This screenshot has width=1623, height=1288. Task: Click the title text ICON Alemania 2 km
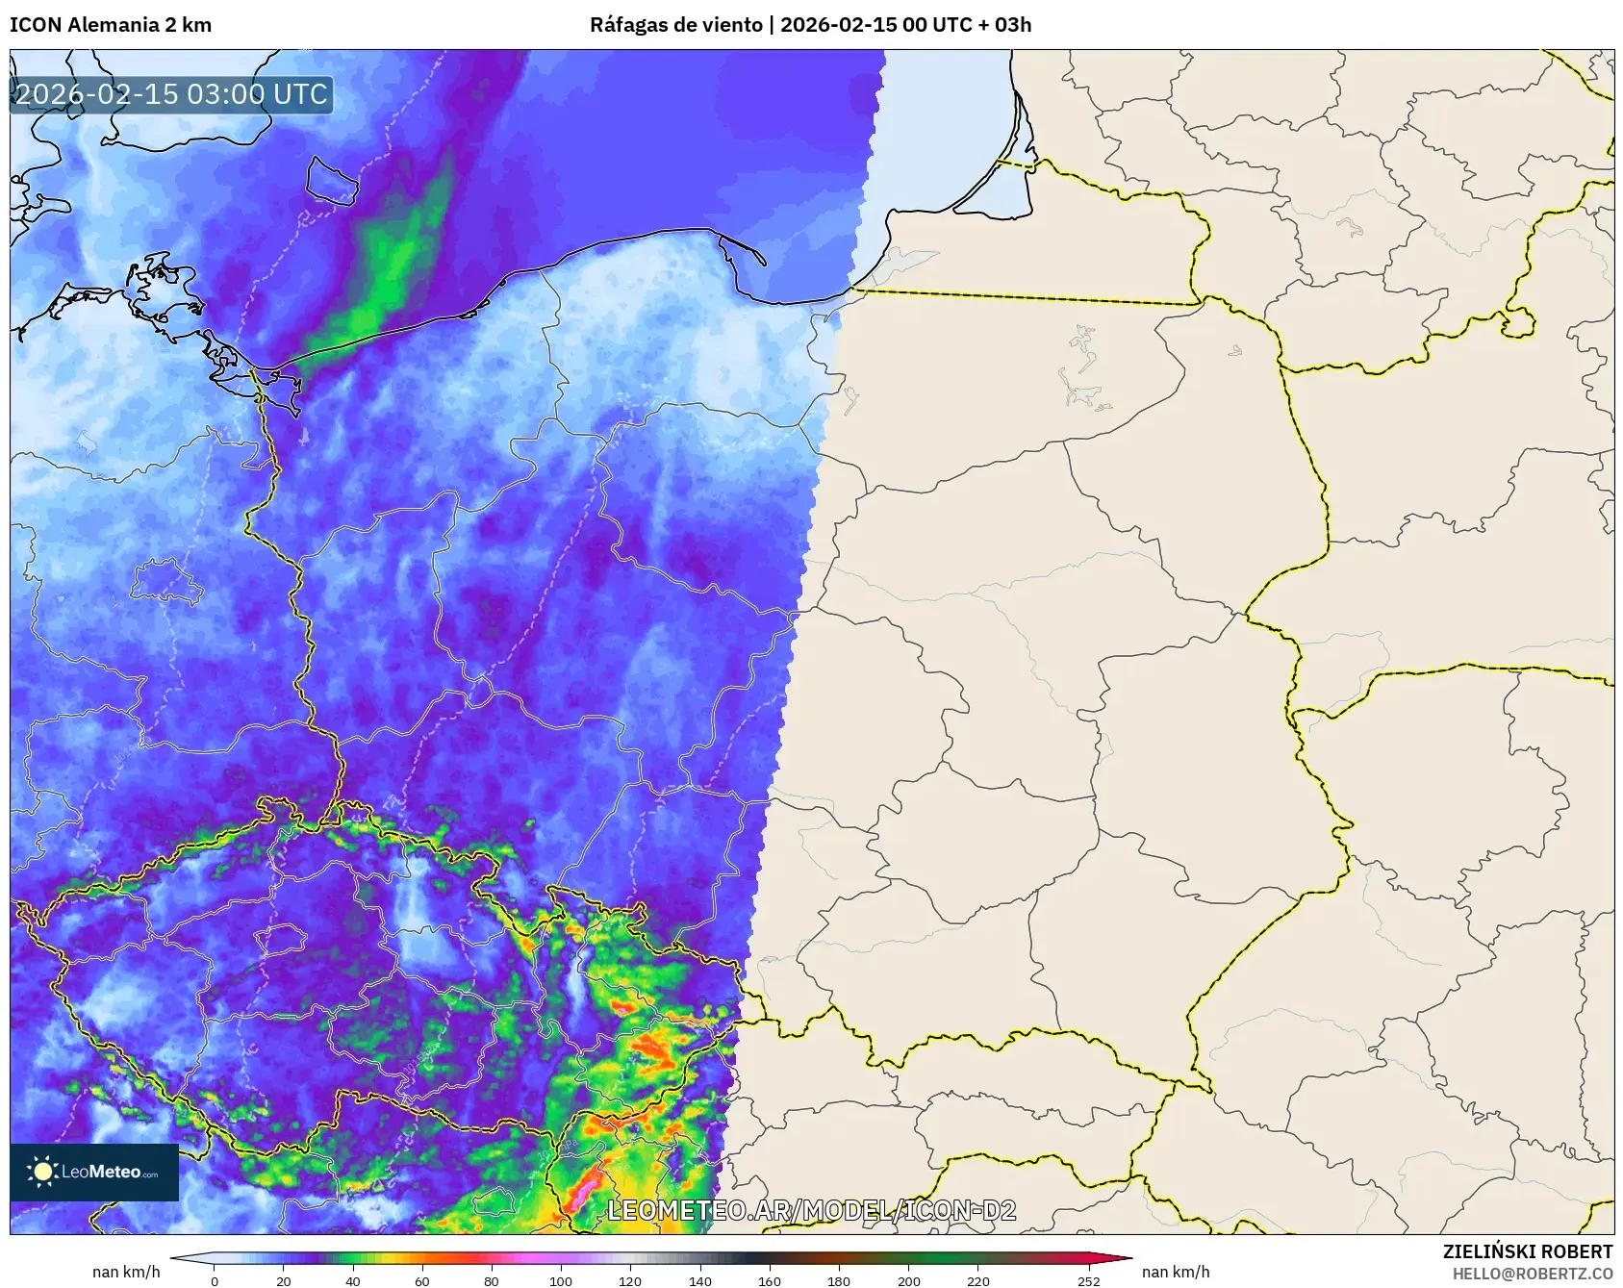coord(111,25)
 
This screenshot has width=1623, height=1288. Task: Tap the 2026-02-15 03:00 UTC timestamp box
coord(171,94)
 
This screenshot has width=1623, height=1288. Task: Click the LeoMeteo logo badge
coord(94,1172)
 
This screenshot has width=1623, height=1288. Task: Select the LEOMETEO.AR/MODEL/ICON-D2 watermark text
coord(811,1210)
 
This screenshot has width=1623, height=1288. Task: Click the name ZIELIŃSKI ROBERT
coord(1527,1251)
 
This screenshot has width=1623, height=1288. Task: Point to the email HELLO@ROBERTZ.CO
coord(1532,1274)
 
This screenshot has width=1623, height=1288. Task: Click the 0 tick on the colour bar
coord(215,1280)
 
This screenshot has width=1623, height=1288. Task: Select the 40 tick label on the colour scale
coord(353,1280)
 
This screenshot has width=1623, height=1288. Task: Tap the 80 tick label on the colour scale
coord(492,1280)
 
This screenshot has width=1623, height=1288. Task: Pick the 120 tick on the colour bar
coord(630,1280)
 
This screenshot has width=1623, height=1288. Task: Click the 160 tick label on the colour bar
coord(769,1280)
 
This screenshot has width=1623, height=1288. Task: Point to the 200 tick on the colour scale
coord(908,1280)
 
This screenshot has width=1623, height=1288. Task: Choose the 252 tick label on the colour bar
coord(1088,1280)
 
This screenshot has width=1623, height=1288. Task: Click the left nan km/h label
coord(126,1272)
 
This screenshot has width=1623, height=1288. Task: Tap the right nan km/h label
coord(1176,1272)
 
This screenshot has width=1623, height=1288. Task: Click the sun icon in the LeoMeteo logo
coord(42,1171)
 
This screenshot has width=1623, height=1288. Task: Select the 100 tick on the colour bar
coord(561,1280)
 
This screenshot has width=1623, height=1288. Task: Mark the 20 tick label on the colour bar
coord(284,1280)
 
